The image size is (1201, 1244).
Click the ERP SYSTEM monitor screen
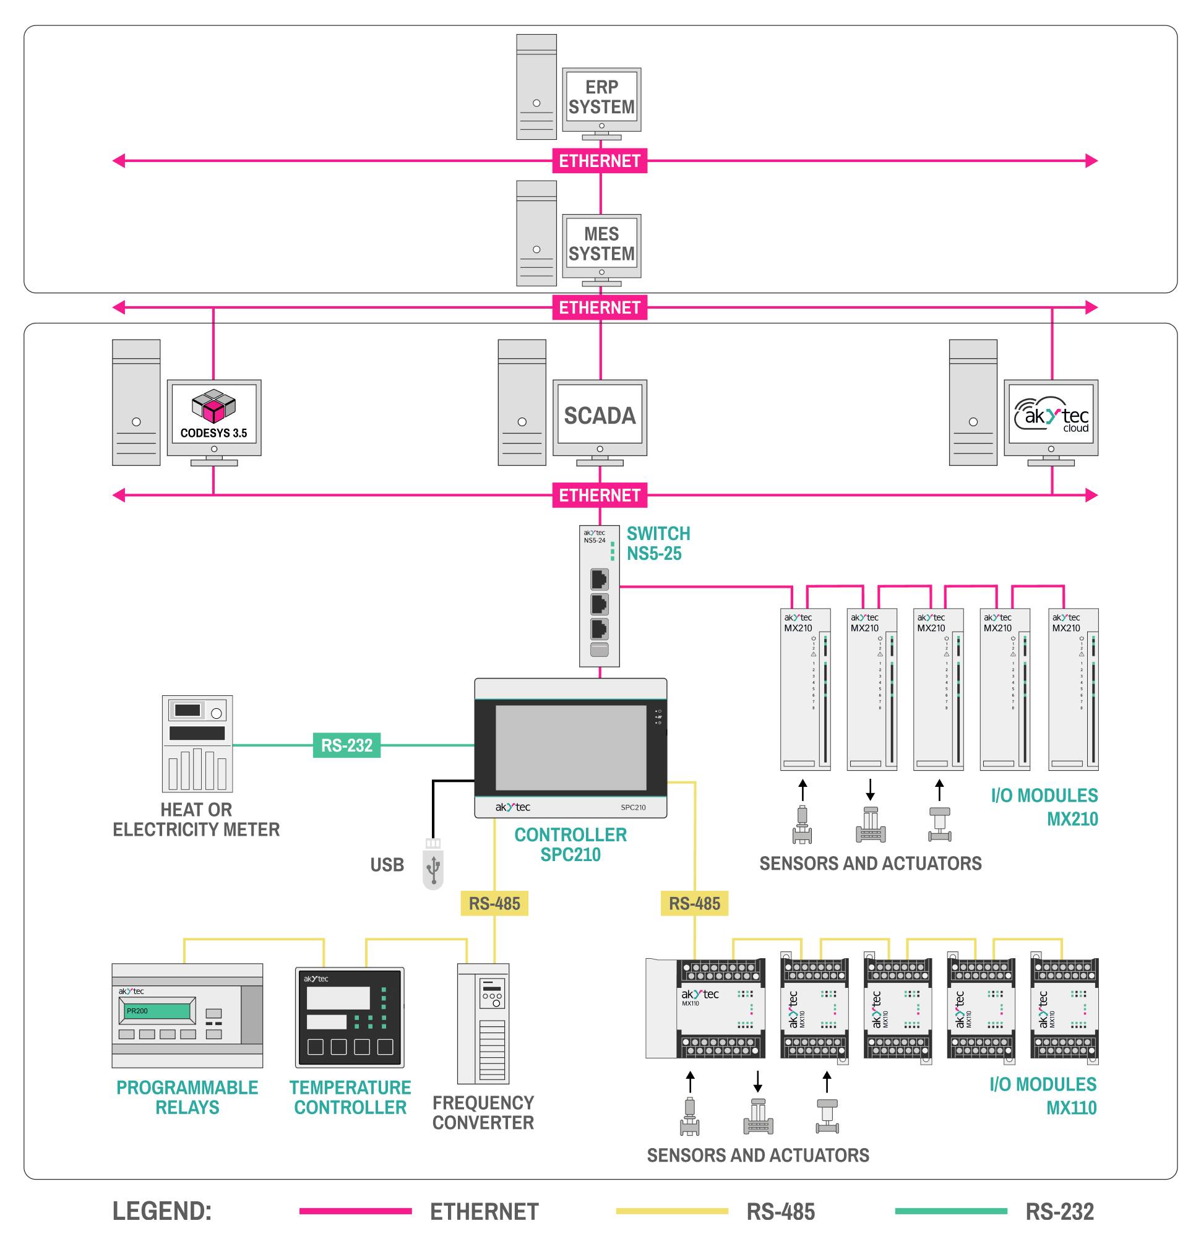[x=601, y=98]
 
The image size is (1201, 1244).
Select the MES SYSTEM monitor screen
[x=601, y=244]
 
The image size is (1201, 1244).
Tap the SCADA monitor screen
[x=599, y=415]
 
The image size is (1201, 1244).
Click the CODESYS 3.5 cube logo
[x=213, y=407]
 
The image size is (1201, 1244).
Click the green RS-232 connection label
[x=347, y=745]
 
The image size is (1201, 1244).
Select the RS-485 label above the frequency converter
[x=494, y=903]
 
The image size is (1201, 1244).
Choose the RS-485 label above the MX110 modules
[x=694, y=903]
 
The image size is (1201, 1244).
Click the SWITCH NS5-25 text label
[x=658, y=543]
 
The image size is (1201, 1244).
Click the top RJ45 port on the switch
[x=599, y=579]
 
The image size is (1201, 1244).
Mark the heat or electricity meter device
[x=197, y=743]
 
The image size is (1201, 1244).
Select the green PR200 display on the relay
[x=157, y=1010]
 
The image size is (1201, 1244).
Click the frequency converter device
[x=483, y=1024]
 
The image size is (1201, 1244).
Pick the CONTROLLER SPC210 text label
[x=570, y=844]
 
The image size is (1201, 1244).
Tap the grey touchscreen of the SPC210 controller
[x=570, y=747]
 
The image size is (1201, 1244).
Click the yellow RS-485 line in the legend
[x=671, y=1211]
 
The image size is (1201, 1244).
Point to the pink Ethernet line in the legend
[x=356, y=1211]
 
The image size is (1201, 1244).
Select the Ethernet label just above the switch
[x=599, y=495]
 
